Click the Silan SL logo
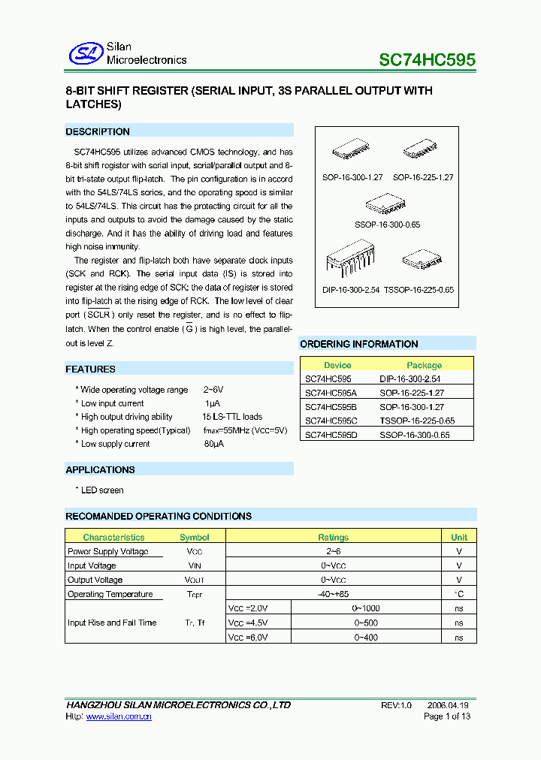click(x=85, y=53)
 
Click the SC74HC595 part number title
click(x=426, y=60)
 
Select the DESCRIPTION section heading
click(x=98, y=131)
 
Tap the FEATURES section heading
click(x=90, y=369)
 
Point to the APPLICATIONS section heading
click(x=100, y=469)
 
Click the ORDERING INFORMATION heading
click(x=358, y=344)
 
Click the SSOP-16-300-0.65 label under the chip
click(x=387, y=225)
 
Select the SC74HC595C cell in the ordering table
click(x=331, y=421)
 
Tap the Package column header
click(x=424, y=365)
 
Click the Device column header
click(x=337, y=365)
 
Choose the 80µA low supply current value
click(x=213, y=444)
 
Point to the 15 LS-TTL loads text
click(x=231, y=417)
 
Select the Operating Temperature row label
click(x=110, y=594)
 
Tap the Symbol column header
click(x=195, y=537)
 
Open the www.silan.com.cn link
click(x=119, y=717)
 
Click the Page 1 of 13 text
click(x=447, y=716)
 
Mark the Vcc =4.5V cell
click(x=248, y=623)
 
